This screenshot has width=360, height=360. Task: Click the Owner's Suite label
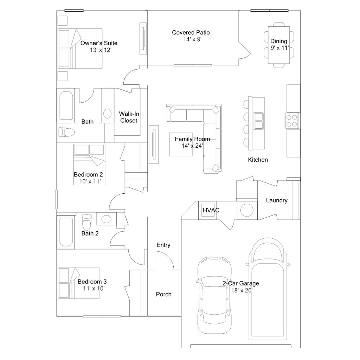point(99,43)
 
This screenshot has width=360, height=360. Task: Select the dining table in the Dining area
point(279,45)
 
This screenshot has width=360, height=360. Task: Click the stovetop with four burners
point(292,120)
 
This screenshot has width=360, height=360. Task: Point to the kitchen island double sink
point(259,121)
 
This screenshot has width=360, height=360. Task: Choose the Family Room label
point(192,139)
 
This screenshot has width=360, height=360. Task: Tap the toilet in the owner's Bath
point(66,132)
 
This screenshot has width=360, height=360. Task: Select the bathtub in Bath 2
point(66,232)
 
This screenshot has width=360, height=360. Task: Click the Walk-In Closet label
point(129,117)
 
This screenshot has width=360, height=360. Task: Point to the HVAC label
point(211,210)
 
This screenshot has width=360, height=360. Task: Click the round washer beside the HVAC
point(246,210)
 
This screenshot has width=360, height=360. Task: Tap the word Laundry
point(277,200)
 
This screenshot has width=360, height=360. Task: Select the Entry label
point(163,245)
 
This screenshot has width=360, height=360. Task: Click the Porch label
point(163,294)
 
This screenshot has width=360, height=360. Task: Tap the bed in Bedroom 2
point(89,158)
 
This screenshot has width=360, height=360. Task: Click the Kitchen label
point(258,160)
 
